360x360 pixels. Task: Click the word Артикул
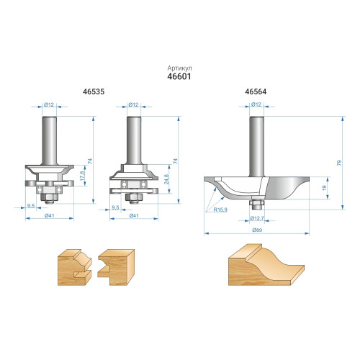point(179,68)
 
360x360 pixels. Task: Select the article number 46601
point(179,76)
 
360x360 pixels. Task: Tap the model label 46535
point(94,91)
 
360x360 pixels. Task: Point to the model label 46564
point(256,91)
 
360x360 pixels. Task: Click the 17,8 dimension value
point(83,176)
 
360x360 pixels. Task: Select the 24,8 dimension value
point(166,179)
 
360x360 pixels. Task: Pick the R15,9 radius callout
point(220,210)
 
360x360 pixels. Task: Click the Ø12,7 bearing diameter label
point(257,218)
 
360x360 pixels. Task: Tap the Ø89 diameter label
point(257,230)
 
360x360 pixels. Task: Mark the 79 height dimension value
point(339,163)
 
